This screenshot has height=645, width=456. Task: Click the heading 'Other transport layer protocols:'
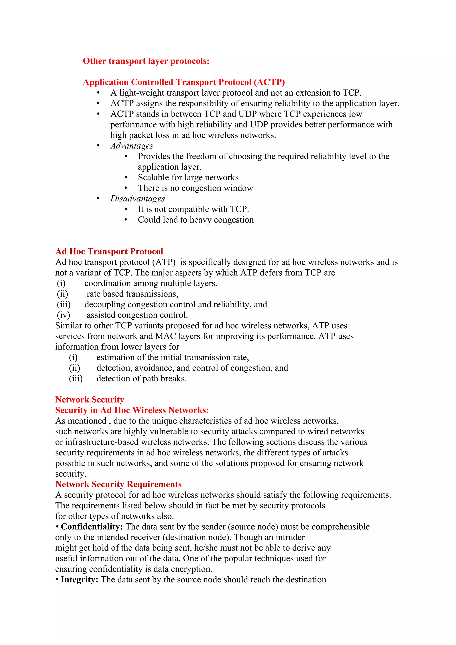[146, 61]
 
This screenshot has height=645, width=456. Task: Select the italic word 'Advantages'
[131, 146]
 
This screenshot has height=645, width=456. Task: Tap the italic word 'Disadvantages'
[137, 199]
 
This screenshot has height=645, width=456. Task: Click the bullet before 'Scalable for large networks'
[126, 178]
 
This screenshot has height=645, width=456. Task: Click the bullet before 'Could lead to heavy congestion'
[126, 220]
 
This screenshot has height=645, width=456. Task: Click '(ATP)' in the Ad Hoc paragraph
[164, 262]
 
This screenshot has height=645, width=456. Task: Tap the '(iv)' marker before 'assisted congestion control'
[63, 315]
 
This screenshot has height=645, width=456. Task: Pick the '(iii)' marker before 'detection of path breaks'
[76, 379]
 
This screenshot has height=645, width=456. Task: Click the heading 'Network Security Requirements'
[118, 484]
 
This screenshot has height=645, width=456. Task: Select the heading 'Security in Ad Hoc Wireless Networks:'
[132, 410]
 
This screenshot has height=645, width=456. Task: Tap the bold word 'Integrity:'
[79, 579]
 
